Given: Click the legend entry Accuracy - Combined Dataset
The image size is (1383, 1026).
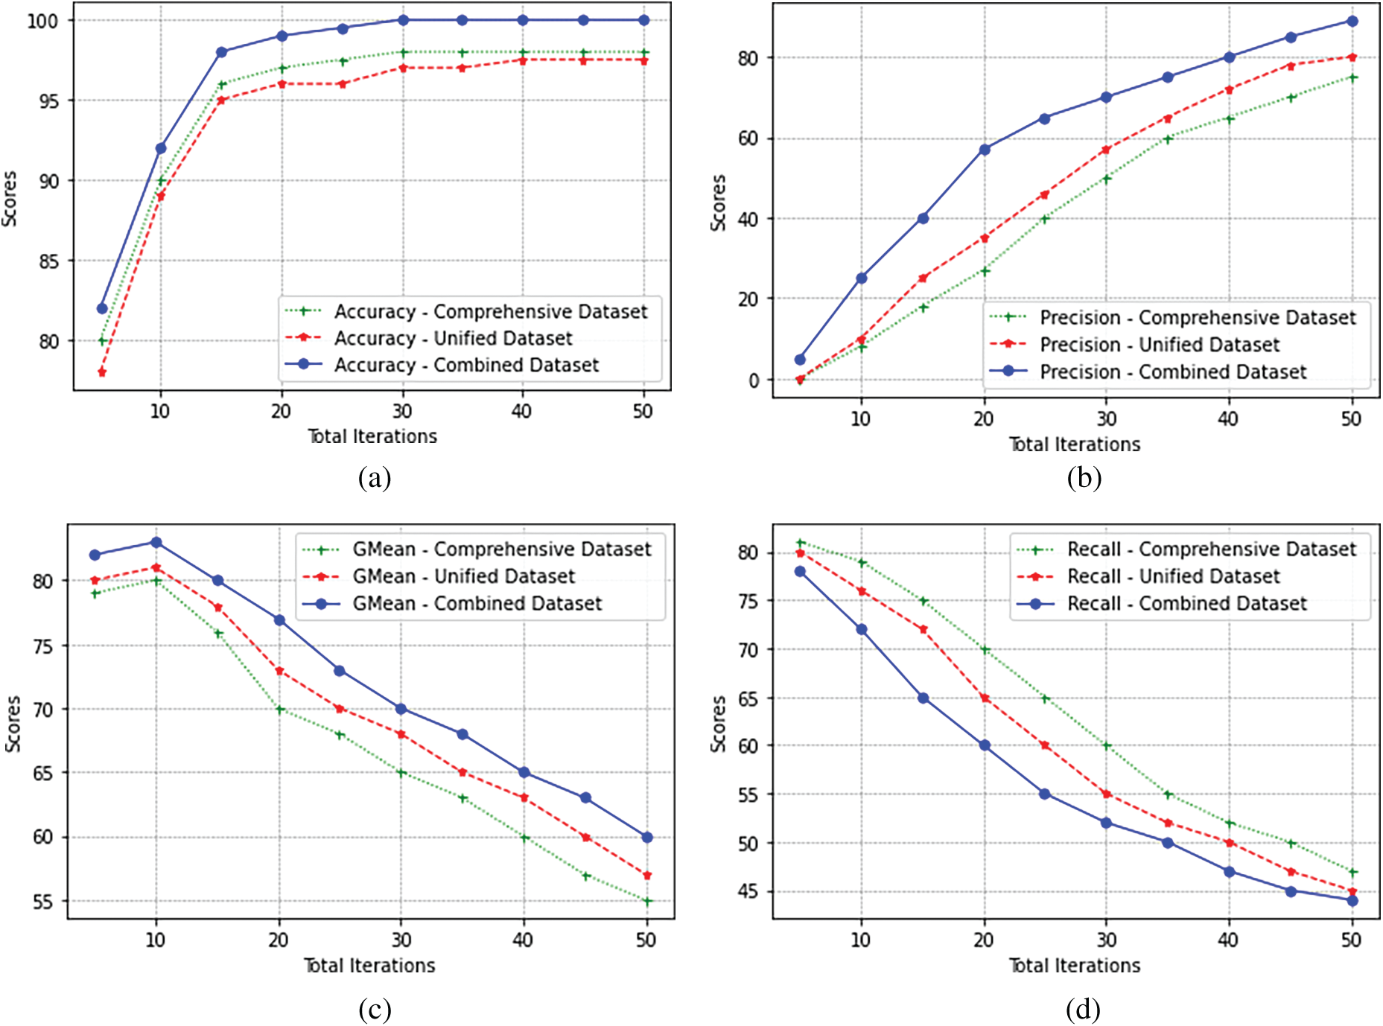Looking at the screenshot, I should tap(466, 365).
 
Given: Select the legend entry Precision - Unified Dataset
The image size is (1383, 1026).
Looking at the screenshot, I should tap(1159, 345).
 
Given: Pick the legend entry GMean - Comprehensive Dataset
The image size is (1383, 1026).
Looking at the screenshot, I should tap(501, 549).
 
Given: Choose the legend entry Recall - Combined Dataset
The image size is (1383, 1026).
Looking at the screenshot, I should tap(1186, 603).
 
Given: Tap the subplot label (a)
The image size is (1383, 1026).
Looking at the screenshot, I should tap(374, 477).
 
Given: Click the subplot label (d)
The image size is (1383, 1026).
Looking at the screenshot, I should tap(1083, 1009).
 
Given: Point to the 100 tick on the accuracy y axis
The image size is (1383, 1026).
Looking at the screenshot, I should tap(42, 21).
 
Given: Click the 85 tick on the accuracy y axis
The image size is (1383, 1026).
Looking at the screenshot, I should tap(48, 261).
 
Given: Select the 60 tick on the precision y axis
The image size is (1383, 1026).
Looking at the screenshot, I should tap(748, 138).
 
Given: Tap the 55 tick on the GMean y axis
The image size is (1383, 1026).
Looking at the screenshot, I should tap(43, 902).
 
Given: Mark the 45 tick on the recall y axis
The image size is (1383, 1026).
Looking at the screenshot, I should tap(748, 891).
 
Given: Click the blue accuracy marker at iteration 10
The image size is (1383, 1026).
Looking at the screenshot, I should tap(161, 148).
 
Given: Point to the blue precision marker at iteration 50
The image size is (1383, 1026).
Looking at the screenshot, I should tap(1352, 22).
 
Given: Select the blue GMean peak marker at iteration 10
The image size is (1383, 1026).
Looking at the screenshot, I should tap(156, 543).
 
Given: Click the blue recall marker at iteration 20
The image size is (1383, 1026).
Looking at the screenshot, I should tap(985, 745).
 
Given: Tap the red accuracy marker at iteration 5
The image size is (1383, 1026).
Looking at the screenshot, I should tap(102, 372).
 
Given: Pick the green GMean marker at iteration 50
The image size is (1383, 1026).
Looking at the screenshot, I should tap(647, 902).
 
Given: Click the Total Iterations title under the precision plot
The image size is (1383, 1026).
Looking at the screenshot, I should tap(1074, 445).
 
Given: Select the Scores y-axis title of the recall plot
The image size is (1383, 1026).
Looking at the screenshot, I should tap(718, 724).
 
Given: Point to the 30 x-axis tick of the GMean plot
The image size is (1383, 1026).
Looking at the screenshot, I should tap(401, 940).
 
